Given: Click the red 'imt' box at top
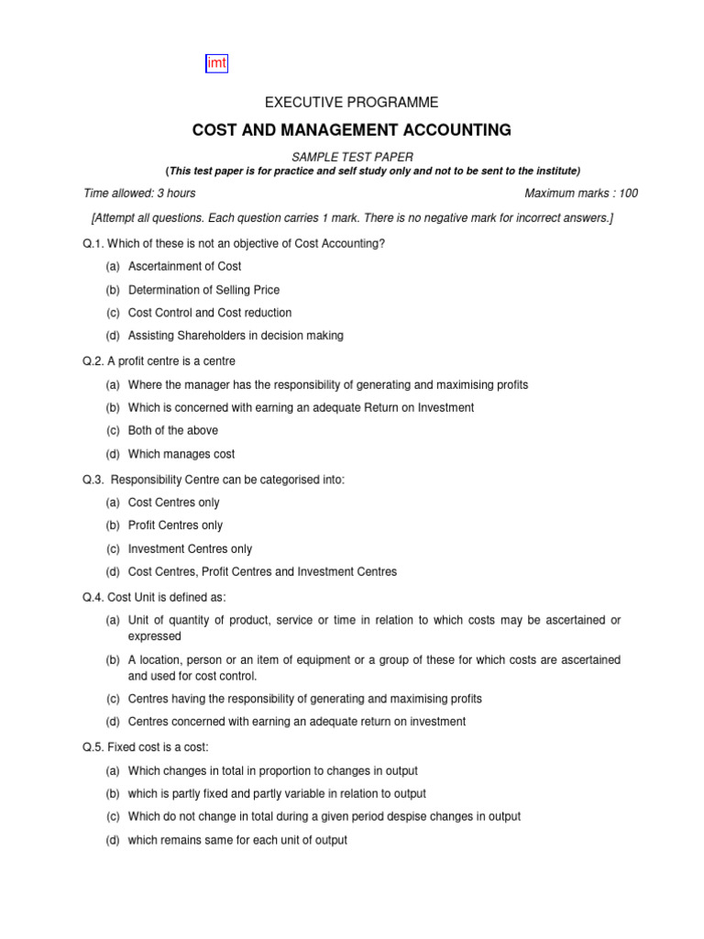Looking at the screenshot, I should (215, 63).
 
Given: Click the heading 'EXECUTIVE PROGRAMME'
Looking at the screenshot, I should (351, 103).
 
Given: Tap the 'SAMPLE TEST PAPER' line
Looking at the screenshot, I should (352, 158).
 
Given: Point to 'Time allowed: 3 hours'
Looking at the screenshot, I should (139, 193).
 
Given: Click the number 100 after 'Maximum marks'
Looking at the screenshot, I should (628, 193).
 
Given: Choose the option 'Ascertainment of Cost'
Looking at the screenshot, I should (184, 266).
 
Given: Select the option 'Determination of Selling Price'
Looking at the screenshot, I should (203, 290).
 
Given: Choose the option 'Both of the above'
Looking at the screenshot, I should (173, 430).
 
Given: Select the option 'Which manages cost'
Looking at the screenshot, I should (181, 454).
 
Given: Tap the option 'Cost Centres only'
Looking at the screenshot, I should (173, 503).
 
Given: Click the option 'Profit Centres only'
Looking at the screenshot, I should (175, 525).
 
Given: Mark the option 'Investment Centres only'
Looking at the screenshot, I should (190, 548).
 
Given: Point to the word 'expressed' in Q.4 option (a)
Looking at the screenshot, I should (154, 636).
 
